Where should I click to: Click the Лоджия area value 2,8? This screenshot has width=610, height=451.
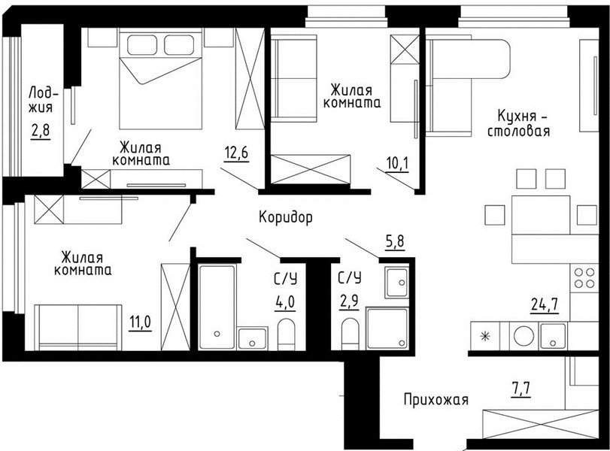coord(41,131)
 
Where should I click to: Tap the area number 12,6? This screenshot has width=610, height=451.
coord(236,153)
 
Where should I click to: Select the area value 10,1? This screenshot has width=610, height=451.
coord(398,164)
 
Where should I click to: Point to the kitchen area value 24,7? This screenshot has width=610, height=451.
coord(545,304)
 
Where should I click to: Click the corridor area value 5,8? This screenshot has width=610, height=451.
coord(394,241)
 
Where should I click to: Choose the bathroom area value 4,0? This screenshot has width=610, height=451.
coord(285,302)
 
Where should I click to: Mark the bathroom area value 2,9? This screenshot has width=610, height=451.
coord(348,301)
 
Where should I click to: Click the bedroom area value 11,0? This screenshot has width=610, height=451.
coord(141,322)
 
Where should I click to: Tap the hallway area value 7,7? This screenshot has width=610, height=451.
coord(520,389)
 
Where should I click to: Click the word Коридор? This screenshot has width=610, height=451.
coord(286,217)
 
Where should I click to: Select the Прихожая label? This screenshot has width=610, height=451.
coord(435,400)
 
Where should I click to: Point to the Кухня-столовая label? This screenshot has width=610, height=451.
coord(518,123)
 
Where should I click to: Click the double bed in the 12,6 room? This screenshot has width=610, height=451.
coord(161,81)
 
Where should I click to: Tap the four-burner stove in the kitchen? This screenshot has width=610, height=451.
coord(584,277)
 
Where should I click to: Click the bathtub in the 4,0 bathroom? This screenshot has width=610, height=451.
coord(217,307)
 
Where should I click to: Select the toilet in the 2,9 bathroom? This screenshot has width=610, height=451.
coord(350,334)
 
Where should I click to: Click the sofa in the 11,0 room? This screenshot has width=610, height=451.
coord(78,328)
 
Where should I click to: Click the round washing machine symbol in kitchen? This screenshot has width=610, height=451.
coord(524,336)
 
